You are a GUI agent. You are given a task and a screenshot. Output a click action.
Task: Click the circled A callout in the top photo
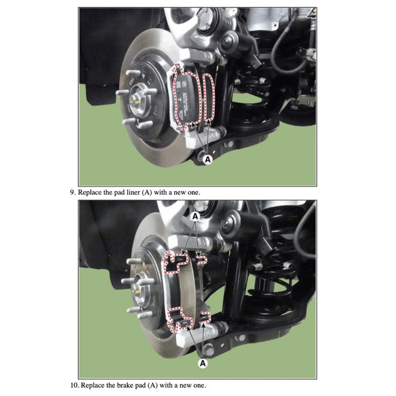(x=207, y=157)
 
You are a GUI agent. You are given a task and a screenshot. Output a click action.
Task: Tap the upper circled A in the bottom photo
(x=196, y=216)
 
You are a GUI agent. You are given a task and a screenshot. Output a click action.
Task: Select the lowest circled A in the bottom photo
(x=203, y=363)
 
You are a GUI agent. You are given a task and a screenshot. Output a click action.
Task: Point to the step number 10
(x=73, y=386)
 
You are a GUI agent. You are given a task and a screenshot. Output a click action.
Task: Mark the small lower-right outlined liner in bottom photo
(x=204, y=318)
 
